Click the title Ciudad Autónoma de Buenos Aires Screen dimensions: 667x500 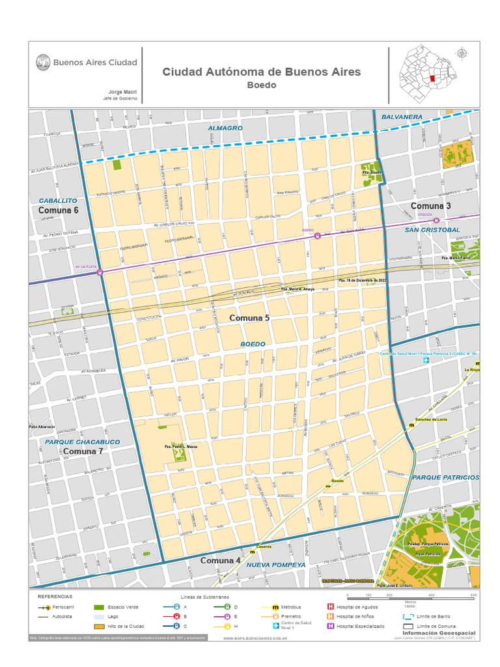pyautogui.click(x=261, y=72)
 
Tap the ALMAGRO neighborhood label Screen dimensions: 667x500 pyautogui.click(x=225, y=128)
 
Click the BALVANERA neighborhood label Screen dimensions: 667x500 pyautogui.click(x=402, y=117)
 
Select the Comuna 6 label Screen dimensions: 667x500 pyautogui.click(x=59, y=210)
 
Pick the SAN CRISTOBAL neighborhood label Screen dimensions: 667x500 pyautogui.click(x=432, y=230)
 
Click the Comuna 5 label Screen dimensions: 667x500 pyautogui.click(x=249, y=318)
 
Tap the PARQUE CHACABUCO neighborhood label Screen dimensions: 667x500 pyautogui.click(x=83, y=442)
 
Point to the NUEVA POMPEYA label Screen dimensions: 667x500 pyautogui.click(x=275, y=565)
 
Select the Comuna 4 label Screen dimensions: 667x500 pyautogui.click(x=220, y=560)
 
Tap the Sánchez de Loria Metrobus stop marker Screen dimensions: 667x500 pyautogui.click(x=411, y=425)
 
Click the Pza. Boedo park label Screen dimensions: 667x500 pyautogui.click(x=372, y=173)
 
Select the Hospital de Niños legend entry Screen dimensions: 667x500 pyautogui.click(x=355, y=616)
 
